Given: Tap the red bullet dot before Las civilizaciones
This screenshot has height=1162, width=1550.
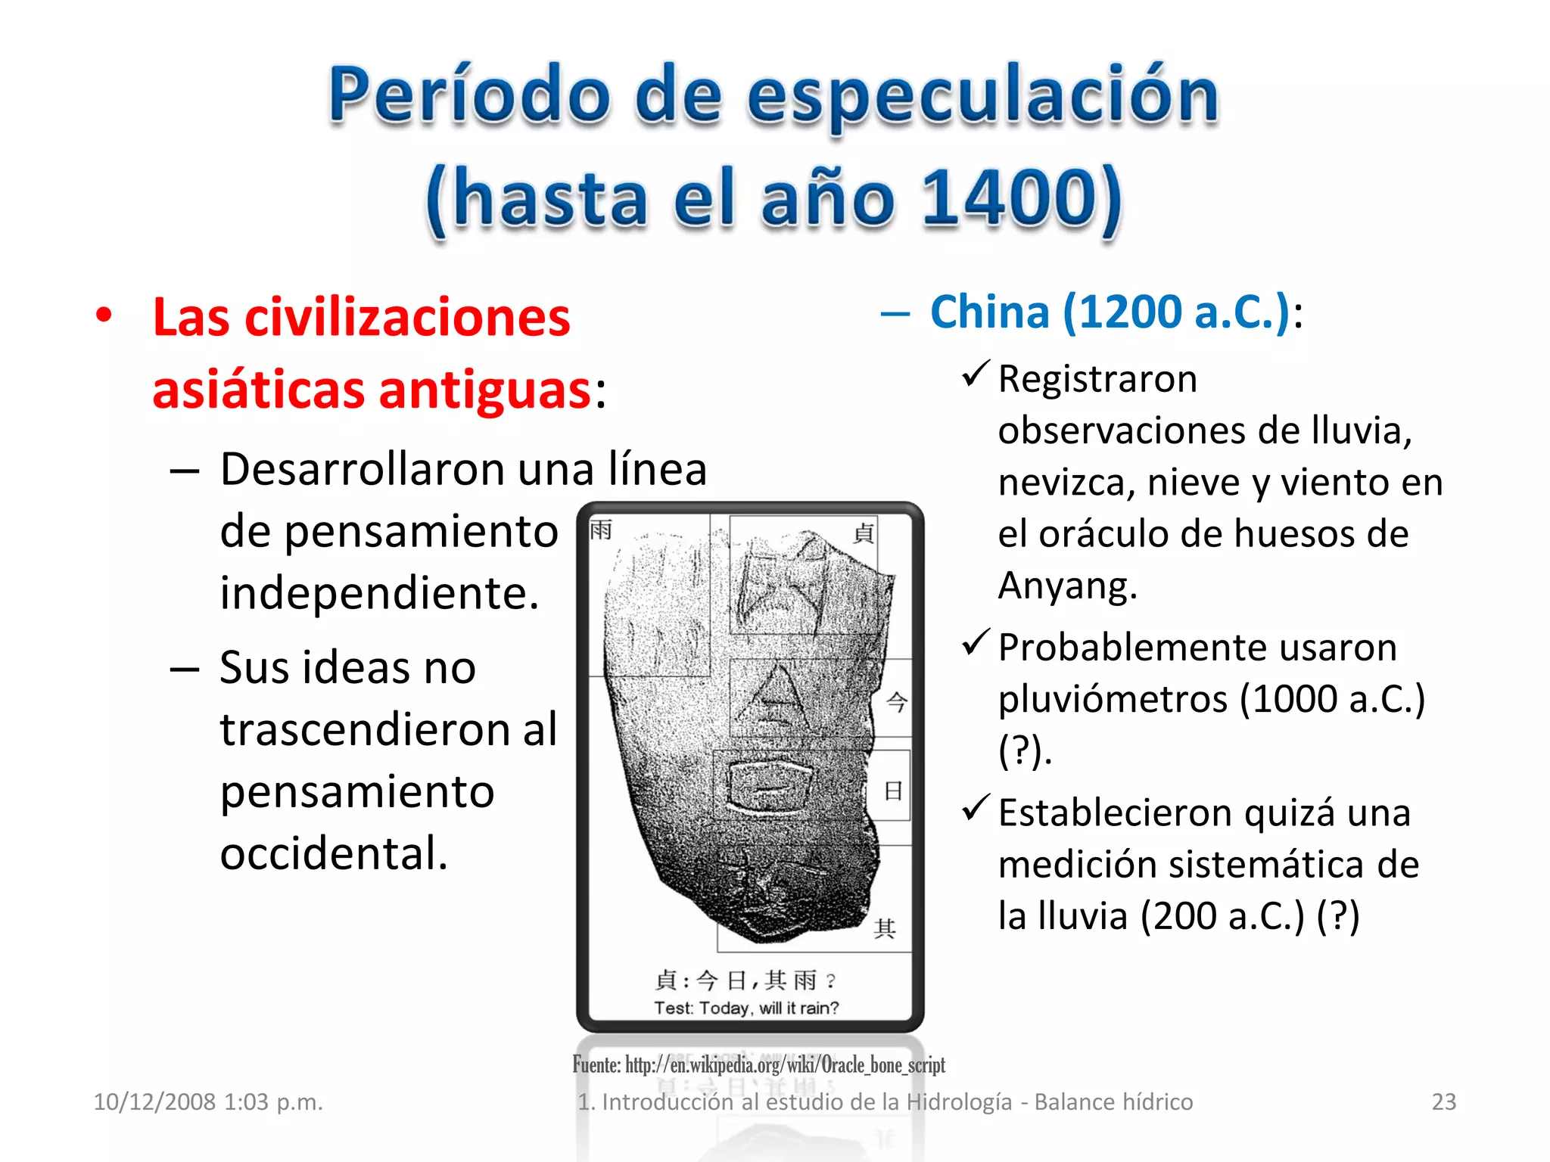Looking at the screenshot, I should click(104, 315).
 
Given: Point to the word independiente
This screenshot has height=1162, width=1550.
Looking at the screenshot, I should click(379, 592).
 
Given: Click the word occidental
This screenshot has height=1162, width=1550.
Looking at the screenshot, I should click(334, 853).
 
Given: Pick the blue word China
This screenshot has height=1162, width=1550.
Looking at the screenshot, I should click(989, 312).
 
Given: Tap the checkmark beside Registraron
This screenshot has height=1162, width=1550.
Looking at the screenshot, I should click(975, 373).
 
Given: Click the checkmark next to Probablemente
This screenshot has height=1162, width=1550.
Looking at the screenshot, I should click(975, 642).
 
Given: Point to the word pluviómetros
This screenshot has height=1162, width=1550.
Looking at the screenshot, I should click(1113, 698).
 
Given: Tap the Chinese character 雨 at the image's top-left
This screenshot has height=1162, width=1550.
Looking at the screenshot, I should click(601, 530).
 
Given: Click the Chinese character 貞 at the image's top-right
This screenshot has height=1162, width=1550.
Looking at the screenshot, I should click(864, 533).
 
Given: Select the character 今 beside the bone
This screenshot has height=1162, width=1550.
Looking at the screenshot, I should click(896, 702).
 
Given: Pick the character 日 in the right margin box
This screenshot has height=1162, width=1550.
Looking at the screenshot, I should click(893, 791).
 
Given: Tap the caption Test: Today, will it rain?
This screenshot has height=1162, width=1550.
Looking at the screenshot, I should click(746, 1008).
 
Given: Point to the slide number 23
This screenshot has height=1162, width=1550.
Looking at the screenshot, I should click(1443, 1101).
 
